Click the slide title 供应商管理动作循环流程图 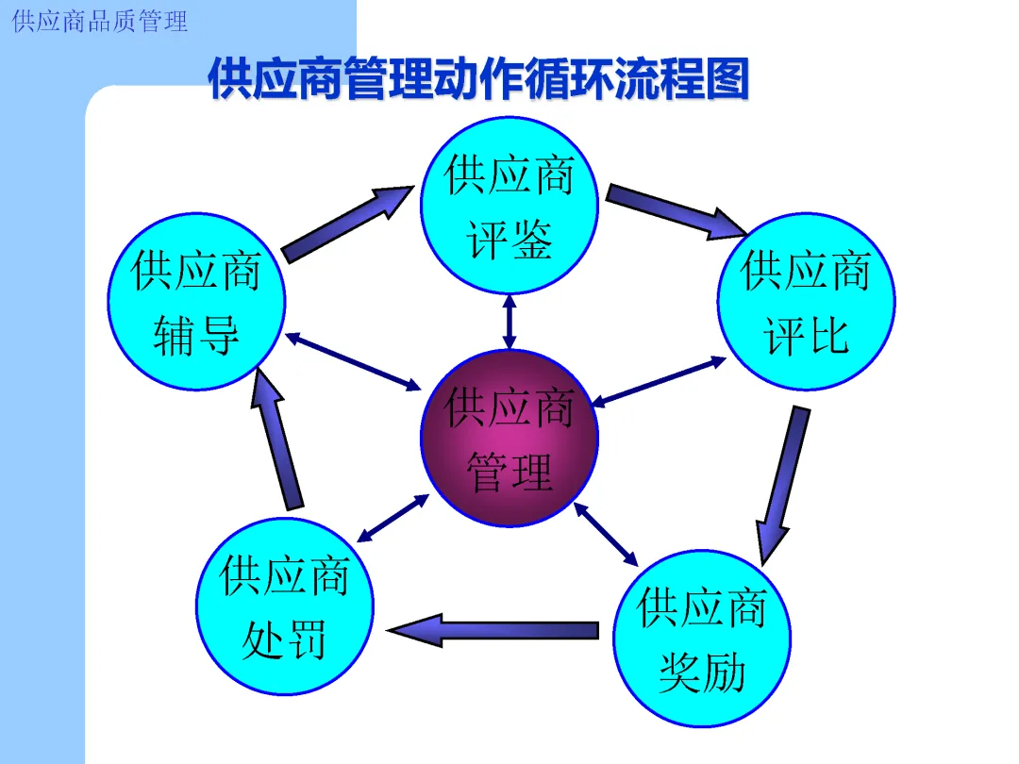tap(478, 79)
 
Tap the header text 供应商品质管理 tap(100, 21)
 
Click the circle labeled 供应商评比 tap(806, 302)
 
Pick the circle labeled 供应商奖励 tap(702, 641)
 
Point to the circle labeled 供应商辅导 tap(195, 302)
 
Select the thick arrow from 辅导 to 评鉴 tap(347, 224)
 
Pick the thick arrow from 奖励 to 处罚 tap(494, 630)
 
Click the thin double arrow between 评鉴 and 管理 tap(509, 322)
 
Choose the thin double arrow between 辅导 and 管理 tap(354, 361)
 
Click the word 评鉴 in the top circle tap(509, 241)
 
